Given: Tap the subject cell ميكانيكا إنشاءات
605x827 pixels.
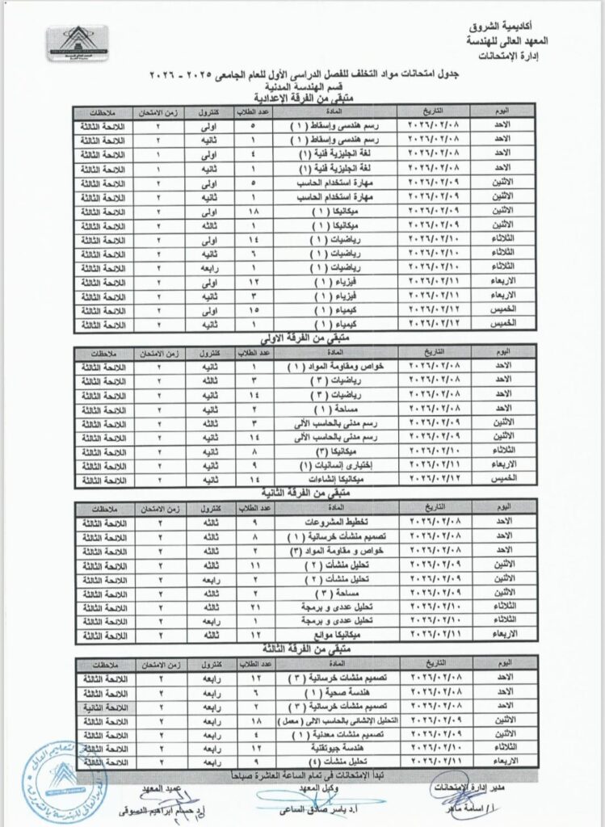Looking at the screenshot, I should coord(338,480).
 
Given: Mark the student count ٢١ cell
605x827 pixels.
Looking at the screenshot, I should coord(255,606).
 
